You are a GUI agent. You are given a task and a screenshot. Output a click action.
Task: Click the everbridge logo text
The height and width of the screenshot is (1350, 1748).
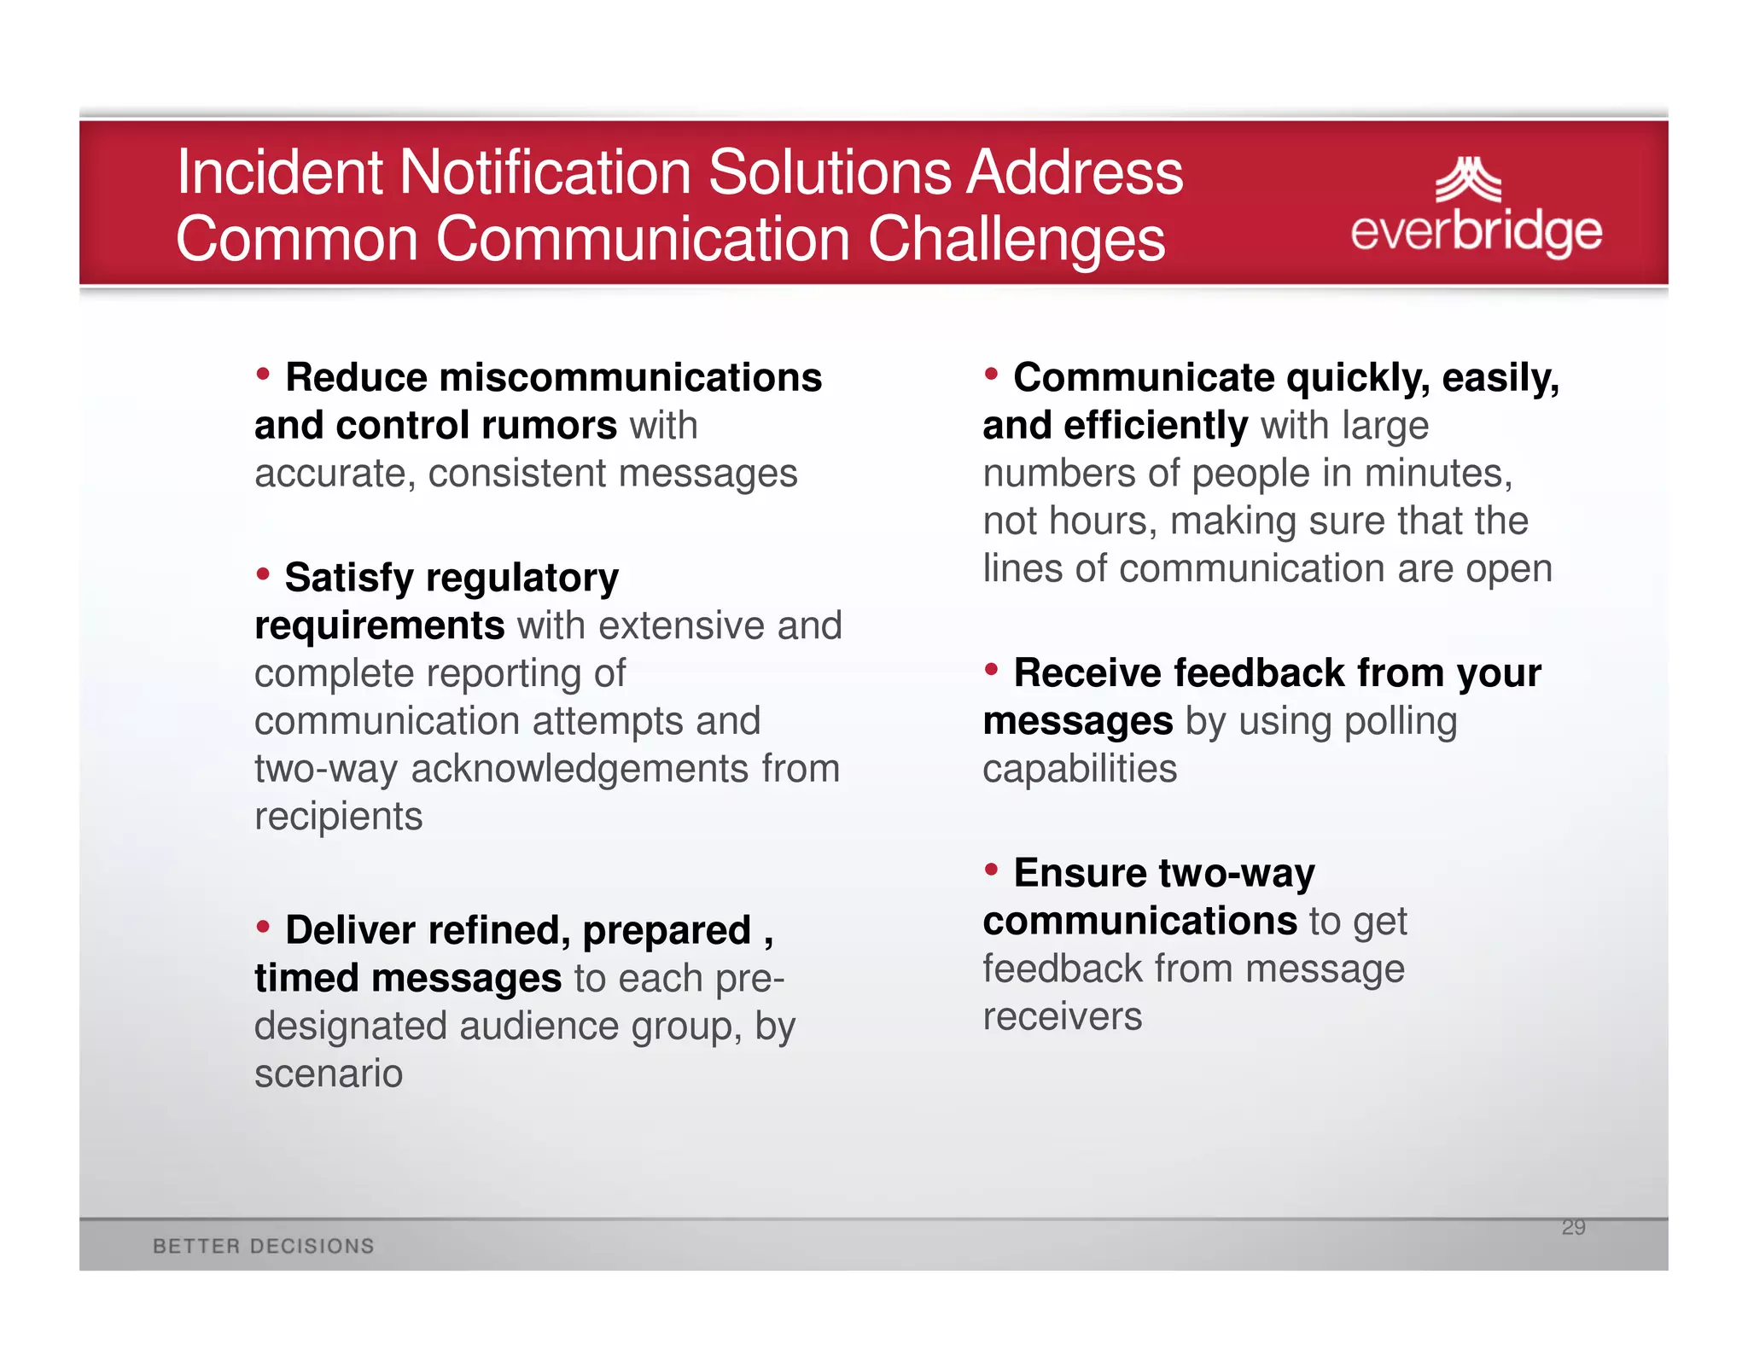click(x=1476, y=231)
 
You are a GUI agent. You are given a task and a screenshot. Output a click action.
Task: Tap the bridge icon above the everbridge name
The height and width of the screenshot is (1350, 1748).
click(x=1467, y=180)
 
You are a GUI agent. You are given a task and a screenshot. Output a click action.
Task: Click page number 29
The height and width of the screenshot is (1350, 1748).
click(x=1573, y=1227)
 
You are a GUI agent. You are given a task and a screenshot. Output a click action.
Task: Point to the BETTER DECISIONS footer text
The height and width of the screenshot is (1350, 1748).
click(x=264, y=1246)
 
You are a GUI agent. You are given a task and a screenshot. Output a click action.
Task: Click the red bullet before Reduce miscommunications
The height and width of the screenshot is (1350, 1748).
click(x=263, y=373)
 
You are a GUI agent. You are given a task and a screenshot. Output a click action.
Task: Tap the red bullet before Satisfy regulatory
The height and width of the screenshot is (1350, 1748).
click(x=263, y=573)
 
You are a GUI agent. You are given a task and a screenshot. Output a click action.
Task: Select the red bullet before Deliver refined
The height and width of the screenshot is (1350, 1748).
click(x=263, y=926)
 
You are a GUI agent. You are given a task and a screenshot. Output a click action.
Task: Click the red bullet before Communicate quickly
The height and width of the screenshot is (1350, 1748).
click(x=991, y=373)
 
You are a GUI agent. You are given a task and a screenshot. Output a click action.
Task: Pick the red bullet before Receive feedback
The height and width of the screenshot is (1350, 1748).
click(x=991, y=669)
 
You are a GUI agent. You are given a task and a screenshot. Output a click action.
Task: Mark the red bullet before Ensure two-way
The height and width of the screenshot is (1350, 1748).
click(x=991, y=869)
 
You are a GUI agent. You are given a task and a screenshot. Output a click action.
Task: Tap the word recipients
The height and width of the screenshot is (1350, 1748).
click(x=338, y=817)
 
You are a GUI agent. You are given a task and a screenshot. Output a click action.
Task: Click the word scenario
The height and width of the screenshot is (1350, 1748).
click(x=329, y=1074)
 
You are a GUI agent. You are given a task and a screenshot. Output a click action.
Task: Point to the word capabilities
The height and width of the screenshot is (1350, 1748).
click(x=1079, y=769)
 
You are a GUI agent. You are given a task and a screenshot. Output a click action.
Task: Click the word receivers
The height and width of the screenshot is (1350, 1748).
click(x=1062, y=1017)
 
